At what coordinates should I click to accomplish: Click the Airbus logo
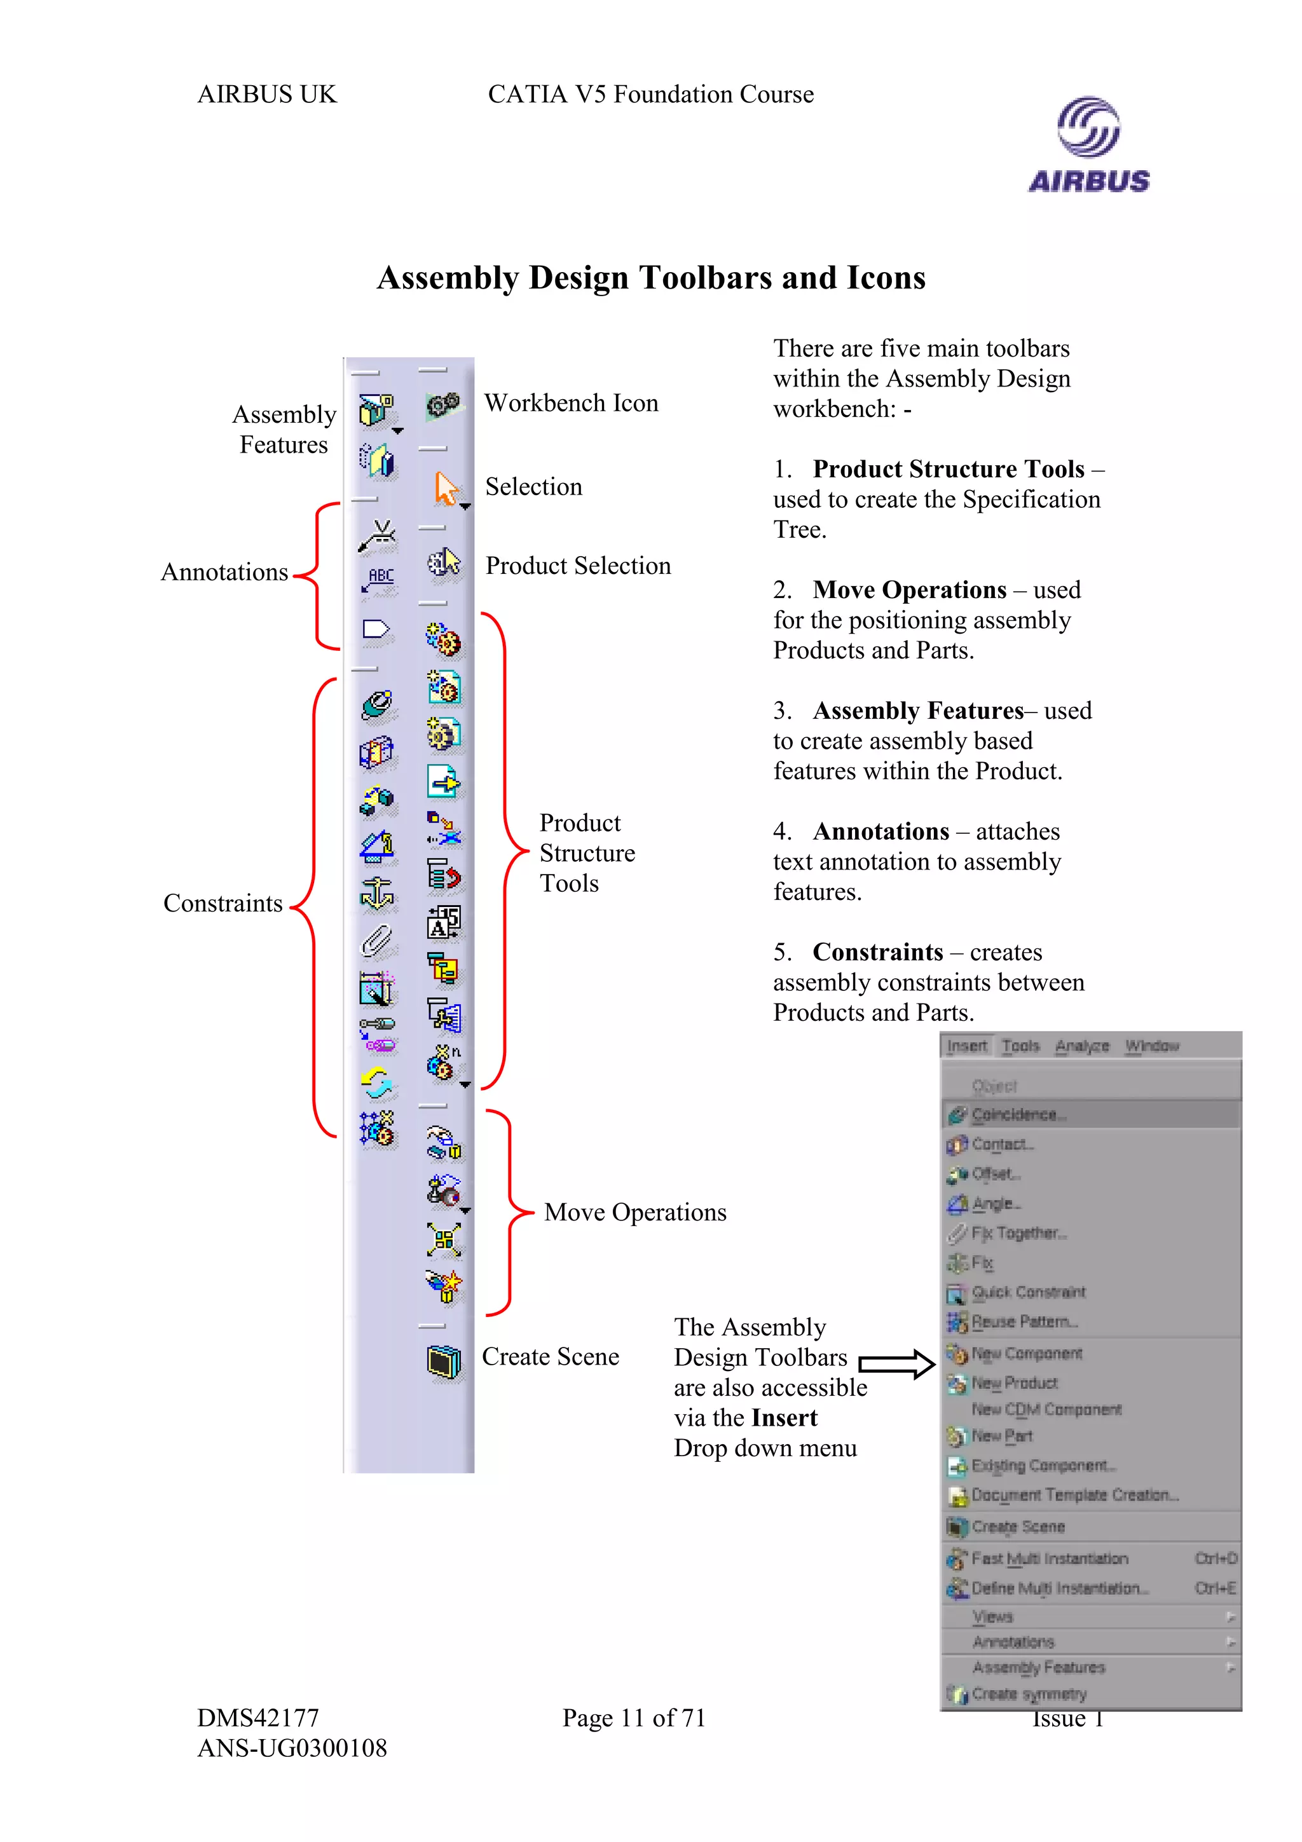pyautogui.click(x=1088, y=145)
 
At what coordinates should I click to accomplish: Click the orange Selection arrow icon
pyautogui.click(x=445, y=488)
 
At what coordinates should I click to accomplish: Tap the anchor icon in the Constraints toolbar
pyautogui.click(x=377, y=893)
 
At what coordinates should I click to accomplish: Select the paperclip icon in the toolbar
pyautogui.click(x=377, y=940)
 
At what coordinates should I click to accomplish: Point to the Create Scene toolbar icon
pyautogui.click(x=444, y=1361)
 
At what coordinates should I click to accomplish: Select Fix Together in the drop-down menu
pyautogui.click(x=1019, y=1233)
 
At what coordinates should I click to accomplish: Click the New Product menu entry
pyautogui.click(x=1014, y=1383)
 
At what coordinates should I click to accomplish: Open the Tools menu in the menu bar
pyautogui.click(x=1020, y=1046)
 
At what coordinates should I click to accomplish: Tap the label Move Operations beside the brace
pyautogui.click(x=634, y=1212)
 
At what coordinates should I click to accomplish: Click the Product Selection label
pyautogui.click(x=578, y=566)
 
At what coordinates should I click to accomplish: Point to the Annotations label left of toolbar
pyautogui.click(x=224, y=572)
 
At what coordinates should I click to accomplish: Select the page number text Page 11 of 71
pyautogui.click(x=634, y=1717)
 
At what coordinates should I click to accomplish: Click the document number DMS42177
pyautogui.click(x=258, y=1717)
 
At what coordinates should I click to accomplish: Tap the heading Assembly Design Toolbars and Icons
pyautogui.click(x=650, y=278)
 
